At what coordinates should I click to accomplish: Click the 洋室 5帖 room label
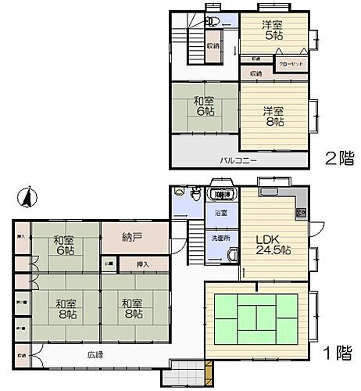(x=273, y=30)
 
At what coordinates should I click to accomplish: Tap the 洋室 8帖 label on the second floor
(x=273, y=116)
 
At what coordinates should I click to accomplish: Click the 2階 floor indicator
(x=339, y=159)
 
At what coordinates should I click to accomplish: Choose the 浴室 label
(x=221, y=213)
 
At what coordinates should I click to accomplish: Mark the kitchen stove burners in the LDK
(x=300, y=213)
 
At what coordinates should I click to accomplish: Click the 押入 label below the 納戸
(x=142, y=264)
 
